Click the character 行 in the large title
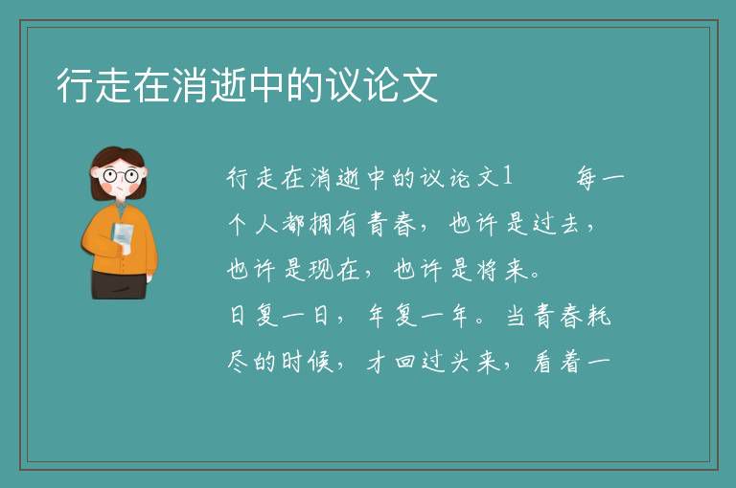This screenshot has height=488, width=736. coord(75,85)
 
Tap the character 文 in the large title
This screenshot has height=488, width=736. coord(420,85)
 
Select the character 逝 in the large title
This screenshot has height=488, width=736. coord(228,85)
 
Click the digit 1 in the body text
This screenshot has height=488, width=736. coord(507,177)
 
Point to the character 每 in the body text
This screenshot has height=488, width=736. coord(587,178)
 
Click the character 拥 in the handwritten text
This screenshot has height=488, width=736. coord(321,224)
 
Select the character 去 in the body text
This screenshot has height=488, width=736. coord(570,224)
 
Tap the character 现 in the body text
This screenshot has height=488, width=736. coord(321,270)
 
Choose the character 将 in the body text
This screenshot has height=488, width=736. coord(486,270)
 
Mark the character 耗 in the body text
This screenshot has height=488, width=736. coord(599,316)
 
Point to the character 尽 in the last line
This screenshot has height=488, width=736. coord(238,362)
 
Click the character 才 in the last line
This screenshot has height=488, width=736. coord(377,363)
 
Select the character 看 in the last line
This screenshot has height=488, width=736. coord(543,363)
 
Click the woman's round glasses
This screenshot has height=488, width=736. coord(121,176)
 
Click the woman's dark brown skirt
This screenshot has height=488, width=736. coord(119,285)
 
